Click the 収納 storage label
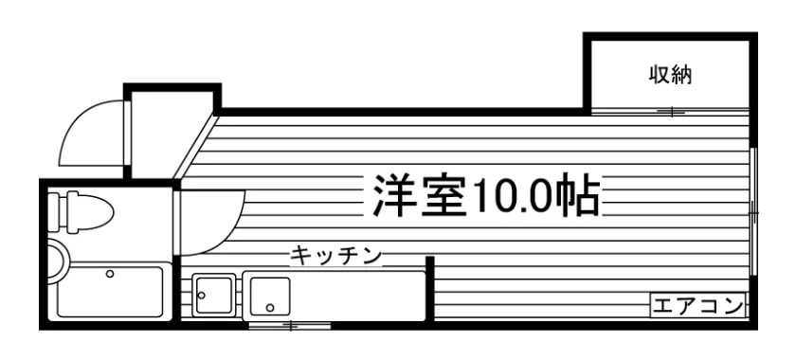tap(671, 76)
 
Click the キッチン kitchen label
tap(335, 256)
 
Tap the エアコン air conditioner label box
tap(698, 306)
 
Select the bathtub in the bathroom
tap(110, 293)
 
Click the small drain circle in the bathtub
tap(110, 274)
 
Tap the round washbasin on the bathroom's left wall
tap(55, 261)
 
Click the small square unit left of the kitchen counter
tap(214, 295)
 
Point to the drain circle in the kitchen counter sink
tap(270, 307)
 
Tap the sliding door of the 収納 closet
tap(671, 112)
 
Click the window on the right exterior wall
tap(753, 213)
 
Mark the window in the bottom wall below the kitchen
tap(290, 325)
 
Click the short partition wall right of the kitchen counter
tap(430, 288)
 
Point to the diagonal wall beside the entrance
tap(195, 147)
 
